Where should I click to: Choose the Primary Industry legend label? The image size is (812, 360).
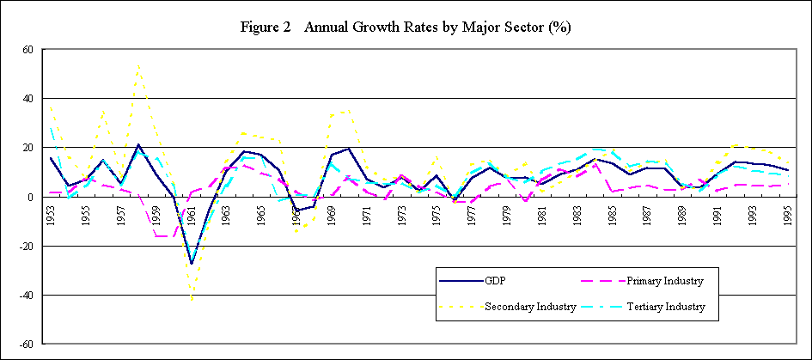point(663,280)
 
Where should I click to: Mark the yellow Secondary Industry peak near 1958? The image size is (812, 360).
point(139,64)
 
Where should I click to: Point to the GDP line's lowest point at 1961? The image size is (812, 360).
point(192,264)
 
